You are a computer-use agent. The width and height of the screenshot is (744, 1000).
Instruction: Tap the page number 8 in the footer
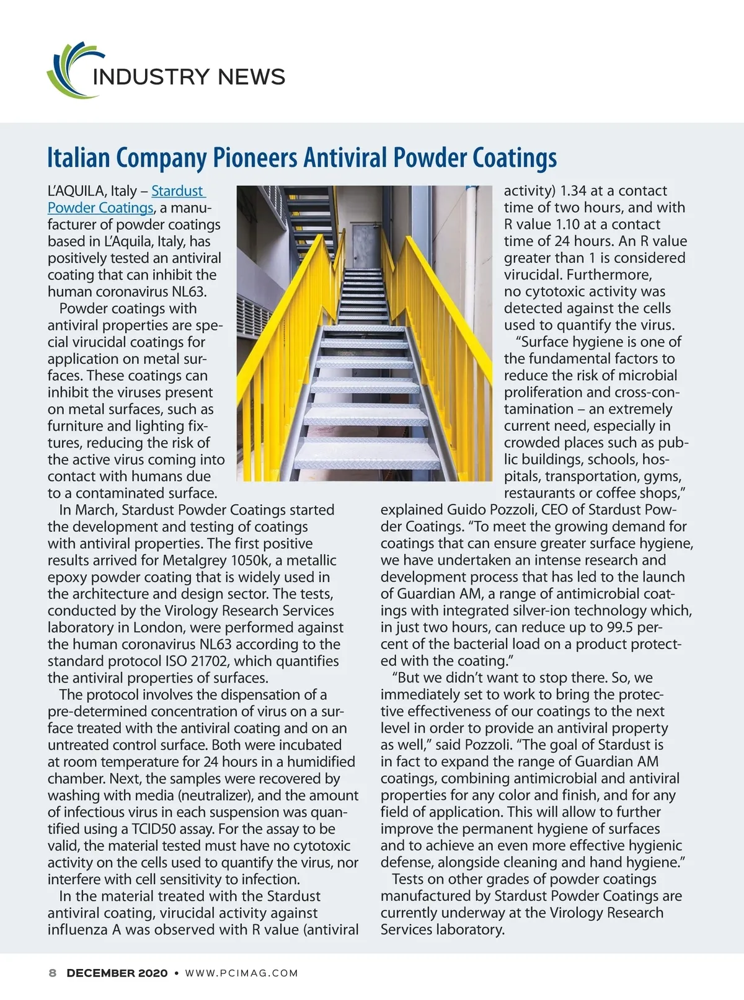click(x=53, y=973)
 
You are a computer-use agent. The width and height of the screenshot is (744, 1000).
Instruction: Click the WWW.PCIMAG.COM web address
click(x=242, y=973)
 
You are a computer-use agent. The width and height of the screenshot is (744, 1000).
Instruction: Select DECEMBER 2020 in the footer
click(x=117, y=973)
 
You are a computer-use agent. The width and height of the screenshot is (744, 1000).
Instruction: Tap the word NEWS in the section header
click(x=251, y=77)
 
